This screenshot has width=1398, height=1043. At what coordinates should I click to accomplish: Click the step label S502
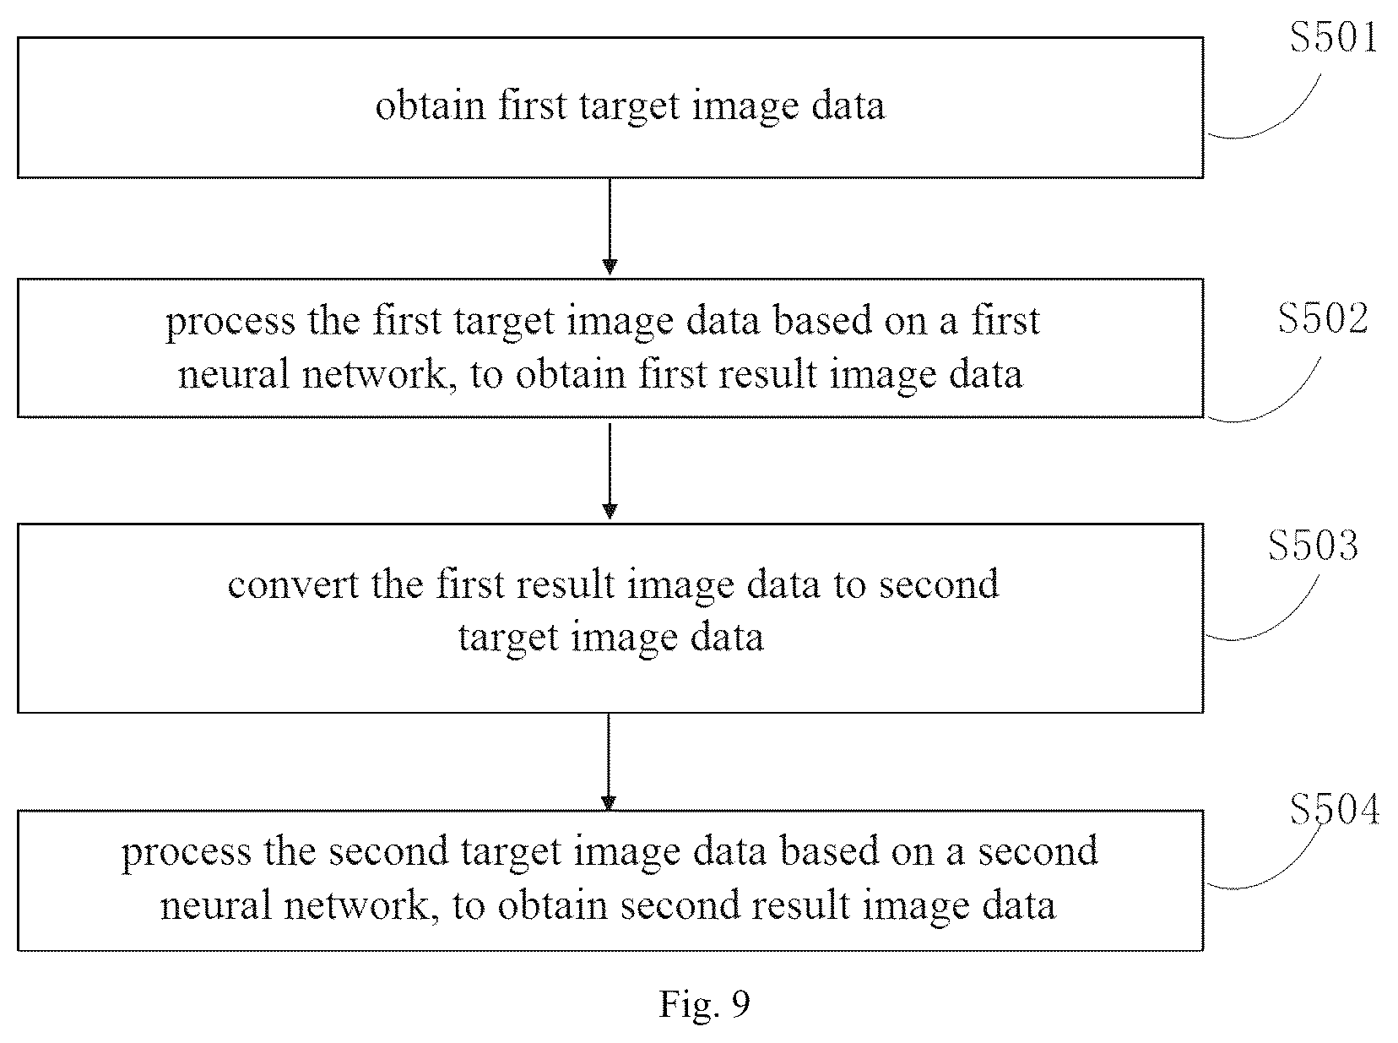pos(1323,318)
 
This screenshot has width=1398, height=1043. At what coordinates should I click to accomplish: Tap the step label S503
pos(1313,546)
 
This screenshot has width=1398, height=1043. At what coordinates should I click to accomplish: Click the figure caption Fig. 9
pos(704,1004)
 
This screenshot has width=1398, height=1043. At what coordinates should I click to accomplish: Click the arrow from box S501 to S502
pos(610,227)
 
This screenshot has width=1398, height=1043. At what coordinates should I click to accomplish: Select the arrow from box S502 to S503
pos(610,471)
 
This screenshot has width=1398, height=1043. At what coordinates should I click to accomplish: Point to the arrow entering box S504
pos(608,762)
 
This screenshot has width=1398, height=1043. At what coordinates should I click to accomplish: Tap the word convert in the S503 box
pos(293,584)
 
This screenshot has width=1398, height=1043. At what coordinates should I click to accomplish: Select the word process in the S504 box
pos(187,852)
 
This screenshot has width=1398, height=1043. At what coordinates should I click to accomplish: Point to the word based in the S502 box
pos(822,319)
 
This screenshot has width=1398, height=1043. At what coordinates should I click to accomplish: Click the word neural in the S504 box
pos(216,904)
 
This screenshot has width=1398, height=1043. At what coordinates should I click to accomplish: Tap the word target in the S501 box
pos(629,106)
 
